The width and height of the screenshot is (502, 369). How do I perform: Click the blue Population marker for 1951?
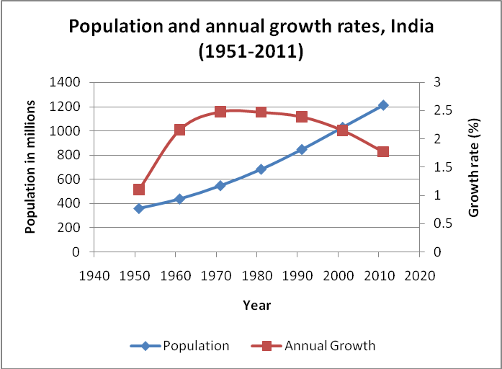(x=139, y=208)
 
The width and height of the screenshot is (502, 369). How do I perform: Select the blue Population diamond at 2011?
(x=382, y=105)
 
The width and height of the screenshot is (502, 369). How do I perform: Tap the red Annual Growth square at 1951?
(x=139, y=190)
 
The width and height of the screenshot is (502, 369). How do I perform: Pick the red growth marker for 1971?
(x=220, y=112)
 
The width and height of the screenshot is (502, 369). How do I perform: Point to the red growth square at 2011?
(x=382, y=151)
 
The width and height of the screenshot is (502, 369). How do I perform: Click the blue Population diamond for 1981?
(x=261, y=169)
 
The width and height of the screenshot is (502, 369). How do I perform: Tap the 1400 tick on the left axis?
(x=64, y=82)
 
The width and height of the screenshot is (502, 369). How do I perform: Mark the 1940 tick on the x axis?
(x=94, y=275)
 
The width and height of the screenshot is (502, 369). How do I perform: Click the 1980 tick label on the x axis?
(x=258, y=275)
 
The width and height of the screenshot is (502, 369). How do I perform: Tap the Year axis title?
(x=257, y=305)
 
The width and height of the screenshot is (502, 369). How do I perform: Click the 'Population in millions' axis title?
(x=30, y=166)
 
